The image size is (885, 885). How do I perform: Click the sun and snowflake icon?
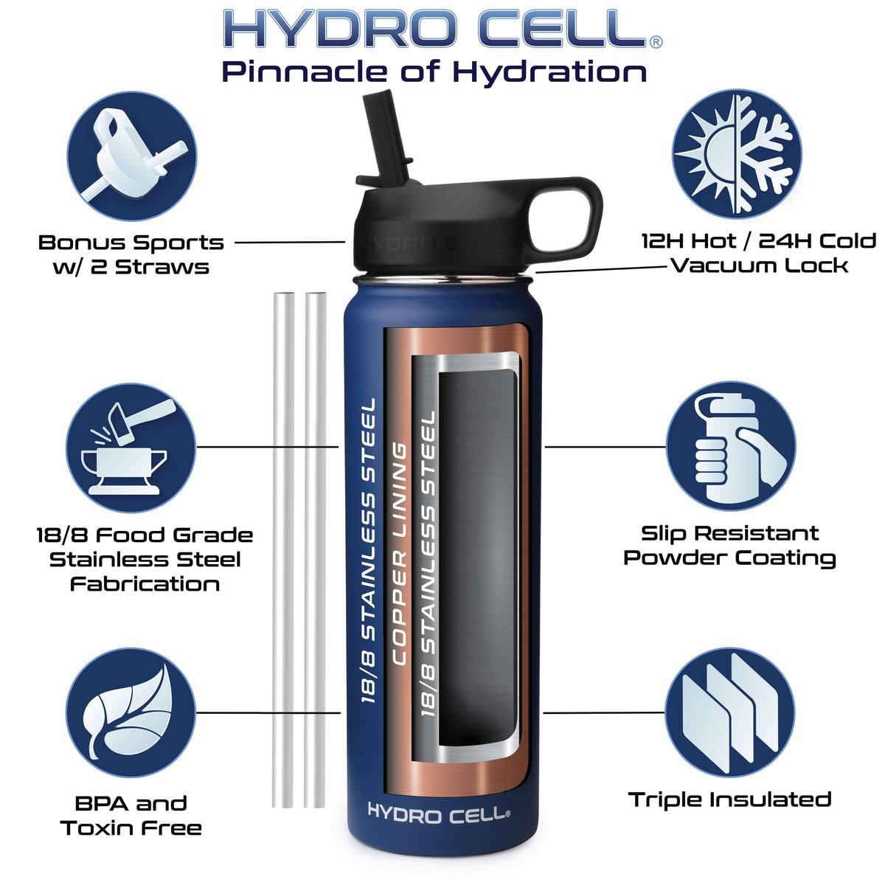pyautogui.click(x=737, y=153)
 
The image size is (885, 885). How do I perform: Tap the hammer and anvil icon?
pyautogui.click(x=131, y=448)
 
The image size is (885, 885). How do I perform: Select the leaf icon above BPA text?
pyautogui.click(x=131, y=712)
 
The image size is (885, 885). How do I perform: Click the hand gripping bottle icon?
pyautogui.click(x=731, y=446)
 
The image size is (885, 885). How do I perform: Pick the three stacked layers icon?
pyautogui.click(x=730, y=712)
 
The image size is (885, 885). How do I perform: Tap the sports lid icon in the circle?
pyautogui.click(x=132, y=156)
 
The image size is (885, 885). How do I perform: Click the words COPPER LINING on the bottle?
pyautogui.click(x=399, y=554)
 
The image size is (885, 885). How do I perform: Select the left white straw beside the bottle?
pyautogui.click(x=283, y=549)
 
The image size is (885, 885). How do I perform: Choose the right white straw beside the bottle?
pyautogui.click(x=316, y=549)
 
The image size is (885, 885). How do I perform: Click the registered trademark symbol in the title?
pyautogui.click(x=656, y=42)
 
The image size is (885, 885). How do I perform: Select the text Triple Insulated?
pyautogui.click(x=730, y=799)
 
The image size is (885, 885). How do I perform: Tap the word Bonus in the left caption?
pyautogui.click(x=75, y=243)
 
